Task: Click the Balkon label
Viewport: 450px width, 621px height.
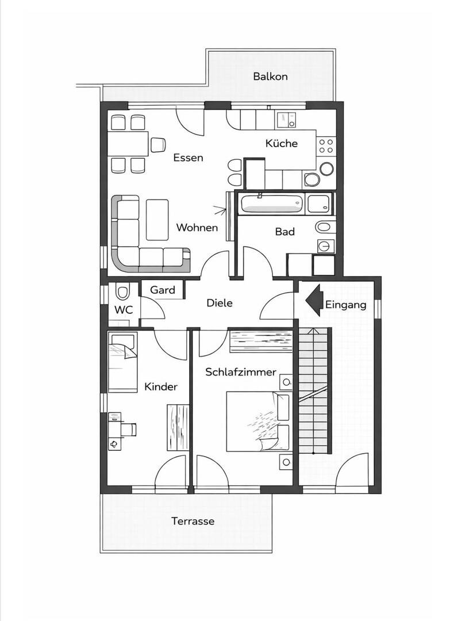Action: click(270, 76)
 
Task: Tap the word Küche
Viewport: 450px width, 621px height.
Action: click(282, 143)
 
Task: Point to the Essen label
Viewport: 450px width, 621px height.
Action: click(189, 158)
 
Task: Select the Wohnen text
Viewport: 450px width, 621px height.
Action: click(197, 227)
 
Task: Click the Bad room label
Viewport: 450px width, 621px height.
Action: click(285, 231)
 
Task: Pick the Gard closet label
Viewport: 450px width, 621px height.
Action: click(163, 290)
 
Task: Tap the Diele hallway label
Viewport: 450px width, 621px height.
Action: click(220, 303)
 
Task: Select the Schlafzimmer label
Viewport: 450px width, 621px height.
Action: click(241, 372)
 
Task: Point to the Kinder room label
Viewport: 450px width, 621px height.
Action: click(161, 386)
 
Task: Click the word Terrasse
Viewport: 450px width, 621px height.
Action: click(193, 521)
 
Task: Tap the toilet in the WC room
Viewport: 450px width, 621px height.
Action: click(122, 292)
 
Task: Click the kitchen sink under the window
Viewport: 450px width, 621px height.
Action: click(287, 119)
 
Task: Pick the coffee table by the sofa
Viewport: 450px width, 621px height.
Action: click(157, 220)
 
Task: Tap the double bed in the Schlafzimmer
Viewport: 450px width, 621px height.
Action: click(257, 422)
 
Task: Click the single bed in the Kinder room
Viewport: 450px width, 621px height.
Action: click(122, 362)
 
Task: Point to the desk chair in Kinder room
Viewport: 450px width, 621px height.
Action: click(129, 428)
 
